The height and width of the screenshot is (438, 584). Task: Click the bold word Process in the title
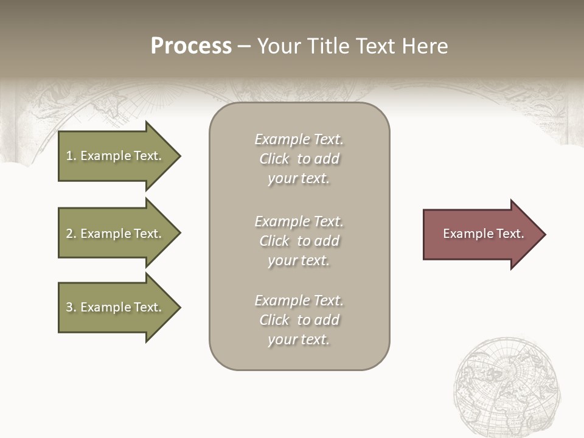click(191, 46)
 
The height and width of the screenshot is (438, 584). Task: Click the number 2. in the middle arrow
click(71, 234)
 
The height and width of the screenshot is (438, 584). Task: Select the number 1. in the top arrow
click(71, 156)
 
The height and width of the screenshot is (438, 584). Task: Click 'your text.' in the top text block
click(299, 179)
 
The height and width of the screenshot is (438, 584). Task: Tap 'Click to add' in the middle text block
click(299, 241)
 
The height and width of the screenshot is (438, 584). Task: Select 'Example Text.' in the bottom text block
click(299, 301)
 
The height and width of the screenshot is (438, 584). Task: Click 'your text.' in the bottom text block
click(299, 340)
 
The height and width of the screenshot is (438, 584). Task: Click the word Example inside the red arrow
click(462, 234)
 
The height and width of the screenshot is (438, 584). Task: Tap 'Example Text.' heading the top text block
click(299, 139)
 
